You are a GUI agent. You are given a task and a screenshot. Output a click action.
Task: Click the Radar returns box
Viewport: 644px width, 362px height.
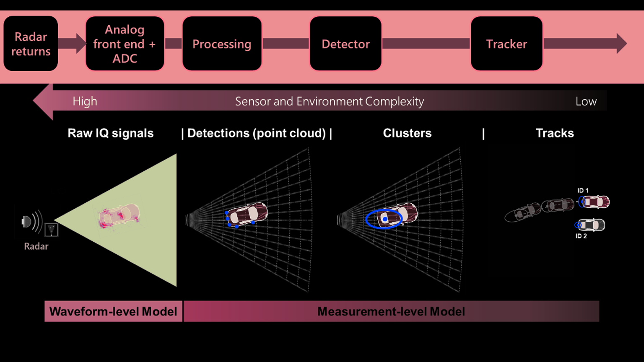tap(31, 44)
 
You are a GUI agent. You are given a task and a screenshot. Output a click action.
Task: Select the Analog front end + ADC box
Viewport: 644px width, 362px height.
tap(125, 44)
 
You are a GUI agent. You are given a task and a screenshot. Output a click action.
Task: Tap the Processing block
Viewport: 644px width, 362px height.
tap(222, 44)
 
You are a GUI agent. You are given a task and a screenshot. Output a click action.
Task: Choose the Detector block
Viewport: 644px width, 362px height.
tap(345, 44)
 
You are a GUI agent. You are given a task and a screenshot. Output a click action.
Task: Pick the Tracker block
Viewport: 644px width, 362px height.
tap(506, 44)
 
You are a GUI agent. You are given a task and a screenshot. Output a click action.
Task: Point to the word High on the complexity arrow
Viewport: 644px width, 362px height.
tap(85, 101)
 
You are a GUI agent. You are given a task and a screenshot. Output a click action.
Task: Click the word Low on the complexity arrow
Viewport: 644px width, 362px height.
tap(586, 101)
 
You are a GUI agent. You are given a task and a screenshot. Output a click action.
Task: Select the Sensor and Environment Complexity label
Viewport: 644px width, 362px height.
tap(330, 101)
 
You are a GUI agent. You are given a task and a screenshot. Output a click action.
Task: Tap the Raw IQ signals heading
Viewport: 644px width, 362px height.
tap(111, 133)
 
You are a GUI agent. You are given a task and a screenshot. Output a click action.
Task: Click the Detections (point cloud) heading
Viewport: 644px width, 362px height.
tap(257, 133)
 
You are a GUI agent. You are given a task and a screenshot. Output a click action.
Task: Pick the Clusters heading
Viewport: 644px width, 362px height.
tap(407, 133)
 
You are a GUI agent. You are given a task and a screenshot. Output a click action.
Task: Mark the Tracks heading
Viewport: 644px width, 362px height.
tap(555, 133)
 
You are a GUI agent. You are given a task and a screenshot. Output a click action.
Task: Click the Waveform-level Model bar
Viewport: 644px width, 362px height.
tap(113, 311)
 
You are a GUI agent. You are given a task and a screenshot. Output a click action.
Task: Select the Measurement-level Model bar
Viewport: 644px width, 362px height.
tap(391, 311)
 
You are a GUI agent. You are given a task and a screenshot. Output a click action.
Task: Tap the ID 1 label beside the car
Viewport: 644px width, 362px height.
tap(583, 191)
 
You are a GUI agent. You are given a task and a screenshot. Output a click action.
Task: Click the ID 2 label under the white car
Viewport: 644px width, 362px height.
tap(581, 236)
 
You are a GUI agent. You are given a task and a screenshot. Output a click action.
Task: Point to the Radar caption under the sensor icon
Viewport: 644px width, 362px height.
tap(36, 246)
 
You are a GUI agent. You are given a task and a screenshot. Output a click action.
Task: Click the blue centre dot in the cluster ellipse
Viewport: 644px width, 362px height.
tap(385, 219)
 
